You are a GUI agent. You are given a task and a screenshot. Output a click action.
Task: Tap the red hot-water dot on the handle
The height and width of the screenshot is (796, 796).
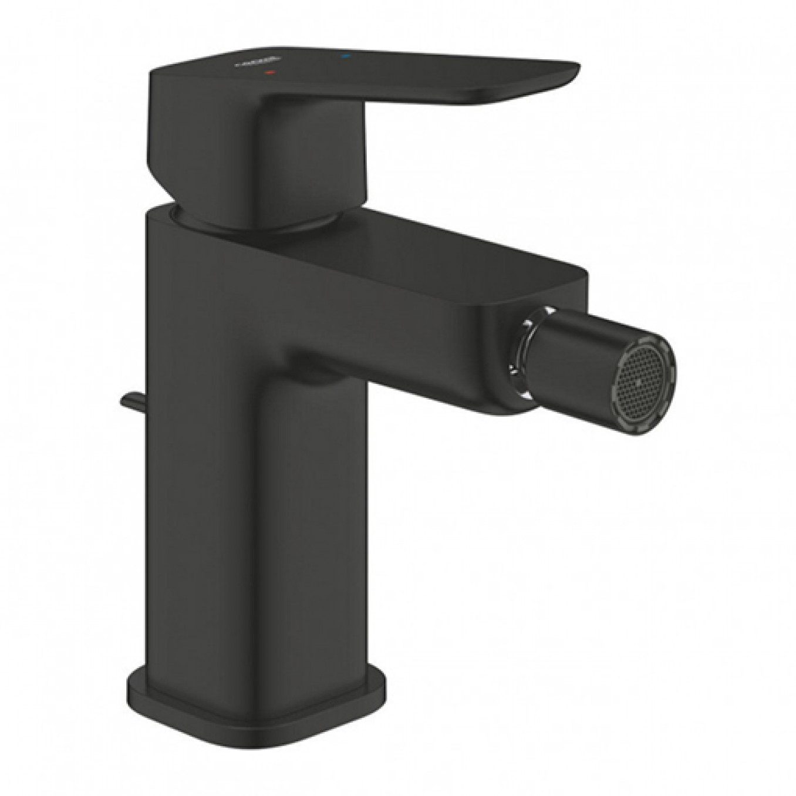click(x=269, y=73)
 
